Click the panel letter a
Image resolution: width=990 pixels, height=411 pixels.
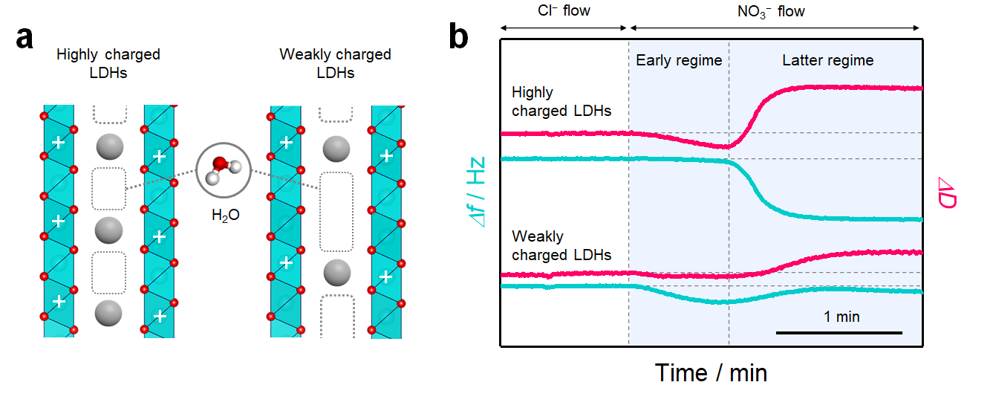[25, 38]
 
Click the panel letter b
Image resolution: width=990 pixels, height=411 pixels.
[458, 36]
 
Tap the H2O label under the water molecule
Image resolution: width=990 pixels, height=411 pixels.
[225, 215]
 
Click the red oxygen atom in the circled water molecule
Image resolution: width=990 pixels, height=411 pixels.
[219, 164]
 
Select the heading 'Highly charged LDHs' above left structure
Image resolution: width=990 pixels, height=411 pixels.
[108, 63]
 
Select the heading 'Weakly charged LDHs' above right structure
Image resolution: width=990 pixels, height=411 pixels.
[336, 63]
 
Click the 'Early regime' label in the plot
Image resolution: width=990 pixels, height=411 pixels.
[679, 60]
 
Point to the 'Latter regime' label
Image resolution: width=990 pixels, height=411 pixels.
[828, 60]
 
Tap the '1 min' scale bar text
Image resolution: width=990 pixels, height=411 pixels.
[841, 317]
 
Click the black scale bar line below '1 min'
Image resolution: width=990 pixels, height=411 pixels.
[838, 333]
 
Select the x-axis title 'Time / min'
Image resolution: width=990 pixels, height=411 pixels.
[711, 372]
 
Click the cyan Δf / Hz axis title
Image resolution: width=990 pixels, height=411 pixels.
[476, 192]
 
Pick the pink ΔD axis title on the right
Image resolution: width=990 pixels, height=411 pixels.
[947, 192]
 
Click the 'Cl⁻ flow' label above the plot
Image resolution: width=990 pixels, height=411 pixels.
[564, 10]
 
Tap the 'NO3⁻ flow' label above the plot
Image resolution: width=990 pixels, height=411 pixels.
[771, 11]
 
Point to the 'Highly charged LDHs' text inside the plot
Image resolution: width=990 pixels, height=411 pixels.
[561, 101]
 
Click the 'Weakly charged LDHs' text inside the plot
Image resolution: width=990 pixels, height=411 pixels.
[561, 245]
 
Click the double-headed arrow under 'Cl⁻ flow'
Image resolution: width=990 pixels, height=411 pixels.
[564, 28]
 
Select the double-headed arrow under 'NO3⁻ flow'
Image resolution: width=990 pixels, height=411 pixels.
[775, 28]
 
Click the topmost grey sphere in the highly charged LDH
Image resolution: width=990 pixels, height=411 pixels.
[110, 146]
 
